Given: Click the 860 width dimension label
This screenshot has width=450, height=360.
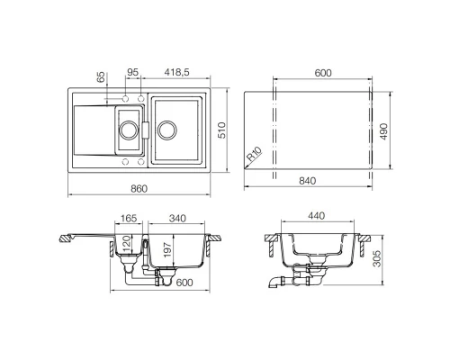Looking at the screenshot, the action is tap(139, 189).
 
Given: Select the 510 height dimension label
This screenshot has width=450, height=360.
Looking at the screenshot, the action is tap(221, 130).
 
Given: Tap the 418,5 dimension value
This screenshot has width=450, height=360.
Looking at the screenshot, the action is tap(177, 72).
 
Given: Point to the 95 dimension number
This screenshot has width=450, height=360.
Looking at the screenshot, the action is tap(132, 72).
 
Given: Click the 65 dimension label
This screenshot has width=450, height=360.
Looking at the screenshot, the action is tap(101, 76).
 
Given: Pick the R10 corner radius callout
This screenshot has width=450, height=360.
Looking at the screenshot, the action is tap(255, 154).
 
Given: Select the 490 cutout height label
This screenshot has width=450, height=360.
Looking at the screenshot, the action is tap(383, 131).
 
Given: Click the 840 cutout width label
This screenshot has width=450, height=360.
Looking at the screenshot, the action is tap(308, 181).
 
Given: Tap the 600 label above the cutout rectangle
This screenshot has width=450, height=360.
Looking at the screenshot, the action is tap(323, 73).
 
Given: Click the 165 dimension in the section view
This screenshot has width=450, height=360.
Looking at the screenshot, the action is tap(129, 218).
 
